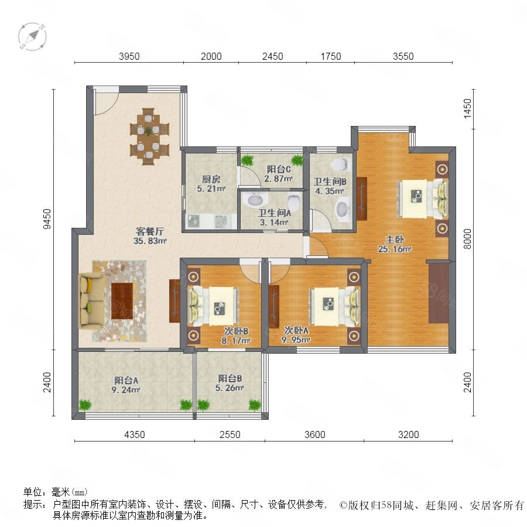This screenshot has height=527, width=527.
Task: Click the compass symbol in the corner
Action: (x=32, y=37)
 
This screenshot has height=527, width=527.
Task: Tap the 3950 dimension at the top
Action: (x=129, y=56)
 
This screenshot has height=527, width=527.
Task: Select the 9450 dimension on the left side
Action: (x=47, y=219)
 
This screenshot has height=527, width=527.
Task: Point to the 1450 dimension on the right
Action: (x=467, y=108)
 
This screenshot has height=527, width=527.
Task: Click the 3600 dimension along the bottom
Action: (x=314, y=434)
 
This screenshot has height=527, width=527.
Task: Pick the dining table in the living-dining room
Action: (x=149, y=136)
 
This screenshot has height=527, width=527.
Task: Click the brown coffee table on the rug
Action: (x=122, y=301)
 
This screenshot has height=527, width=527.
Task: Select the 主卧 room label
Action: (x=395, y=239)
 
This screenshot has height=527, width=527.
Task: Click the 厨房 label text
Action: (x=211, y=180)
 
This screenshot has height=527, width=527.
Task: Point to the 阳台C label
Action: (x=279, y=169)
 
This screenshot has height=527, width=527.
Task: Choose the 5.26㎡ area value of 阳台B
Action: (x=230, y=388)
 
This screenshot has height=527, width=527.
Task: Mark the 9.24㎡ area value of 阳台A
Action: (x=126, y=390)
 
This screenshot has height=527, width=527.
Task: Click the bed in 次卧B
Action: (x=213, y=306)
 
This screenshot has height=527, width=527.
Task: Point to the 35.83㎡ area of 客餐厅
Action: (x=150, y=241)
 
